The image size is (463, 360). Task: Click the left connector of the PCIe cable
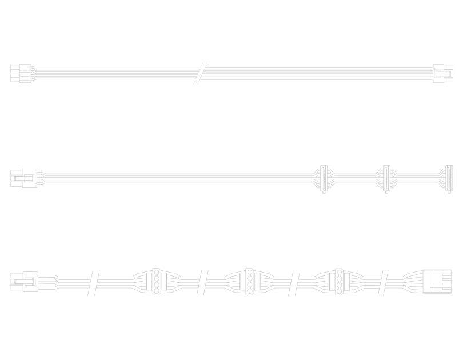coord(21,74)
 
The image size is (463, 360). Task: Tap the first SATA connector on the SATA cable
coord(324,178)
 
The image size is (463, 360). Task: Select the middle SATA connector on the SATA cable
coord(386,178)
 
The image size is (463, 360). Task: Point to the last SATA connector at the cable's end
coord(448,178)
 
